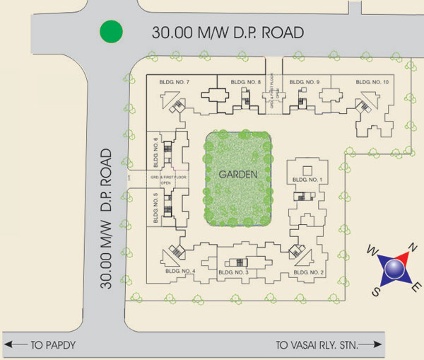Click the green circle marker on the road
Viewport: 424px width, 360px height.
pyautogui.click(x=111, y=32)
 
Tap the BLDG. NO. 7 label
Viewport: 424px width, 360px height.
pyautogui.click(x=174, y=83)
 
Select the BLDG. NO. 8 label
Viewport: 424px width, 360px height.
pyautogui.click(x=245, y=83)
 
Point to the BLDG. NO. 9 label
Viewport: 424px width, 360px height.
pyautogui.click(x=305, y=83)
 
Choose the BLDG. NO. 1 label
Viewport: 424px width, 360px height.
pyautogui.click(x=307, y=180)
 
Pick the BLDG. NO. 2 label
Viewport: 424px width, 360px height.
pyautogui.click(x=308, y=272)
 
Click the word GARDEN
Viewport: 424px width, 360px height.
pyautogui.click(x=237, y=174)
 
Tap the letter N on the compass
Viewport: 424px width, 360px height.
pyautogui.click(x=414, y=248)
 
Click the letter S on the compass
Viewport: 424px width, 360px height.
pyautogui.click(x=377, y=291)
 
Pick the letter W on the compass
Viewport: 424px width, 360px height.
pyautogui.click(x=370, y=249)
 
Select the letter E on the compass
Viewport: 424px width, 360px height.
pyautogui.click(x=418, y=286)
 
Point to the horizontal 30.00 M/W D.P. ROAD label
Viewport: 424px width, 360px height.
pyautogui.click(x=229, y=33)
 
